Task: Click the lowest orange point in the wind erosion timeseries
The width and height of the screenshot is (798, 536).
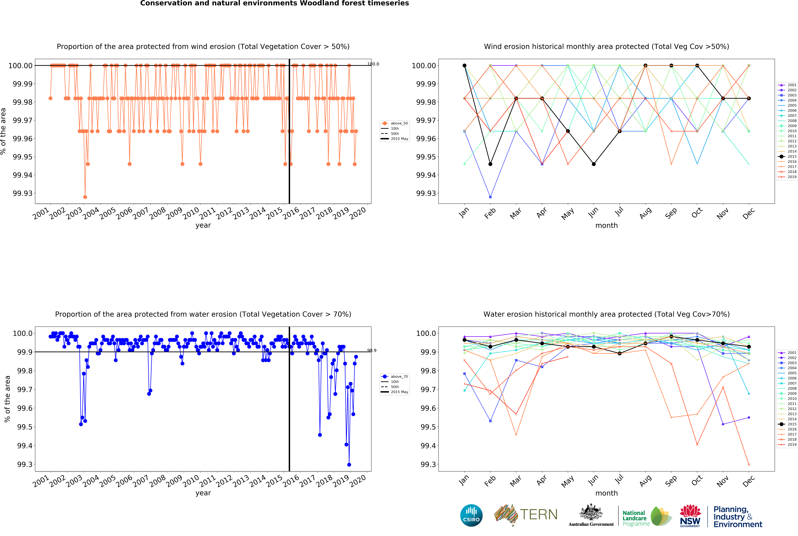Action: coord(85,197)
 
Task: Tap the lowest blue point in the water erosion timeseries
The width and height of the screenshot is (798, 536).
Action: coord(349,465)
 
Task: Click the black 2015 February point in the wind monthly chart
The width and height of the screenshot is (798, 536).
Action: coord(490,164)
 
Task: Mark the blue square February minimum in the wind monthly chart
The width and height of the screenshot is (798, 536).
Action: coord(490,197)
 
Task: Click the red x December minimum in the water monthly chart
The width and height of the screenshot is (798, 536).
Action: coord(749,465)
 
